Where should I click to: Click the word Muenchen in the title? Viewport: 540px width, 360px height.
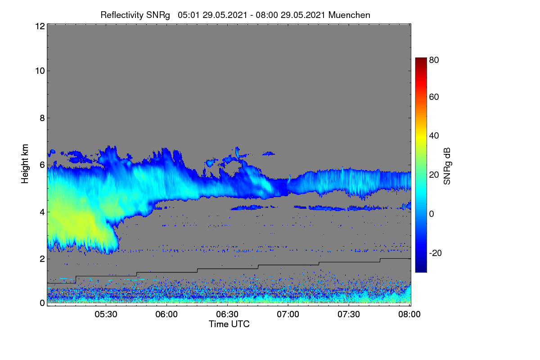349,15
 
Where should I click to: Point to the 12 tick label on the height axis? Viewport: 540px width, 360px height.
40,26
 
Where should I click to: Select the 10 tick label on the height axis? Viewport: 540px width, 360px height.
40,71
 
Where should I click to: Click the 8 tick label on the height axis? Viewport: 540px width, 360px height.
42,118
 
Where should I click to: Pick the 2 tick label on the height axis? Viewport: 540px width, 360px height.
42,259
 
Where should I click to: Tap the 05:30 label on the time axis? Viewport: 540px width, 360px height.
106,314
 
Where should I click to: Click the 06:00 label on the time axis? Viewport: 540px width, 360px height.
166,314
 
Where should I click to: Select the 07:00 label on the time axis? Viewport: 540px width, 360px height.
288,314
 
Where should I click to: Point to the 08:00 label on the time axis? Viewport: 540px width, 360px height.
409,314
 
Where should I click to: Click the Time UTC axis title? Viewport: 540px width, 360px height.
229,324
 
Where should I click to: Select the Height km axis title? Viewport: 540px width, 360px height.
25,164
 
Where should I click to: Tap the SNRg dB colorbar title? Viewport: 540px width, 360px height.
447,166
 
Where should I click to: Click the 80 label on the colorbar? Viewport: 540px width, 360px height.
434,60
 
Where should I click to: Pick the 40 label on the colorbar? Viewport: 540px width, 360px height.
434,136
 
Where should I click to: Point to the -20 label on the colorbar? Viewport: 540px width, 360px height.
436,253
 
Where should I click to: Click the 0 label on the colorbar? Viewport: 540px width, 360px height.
432,214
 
